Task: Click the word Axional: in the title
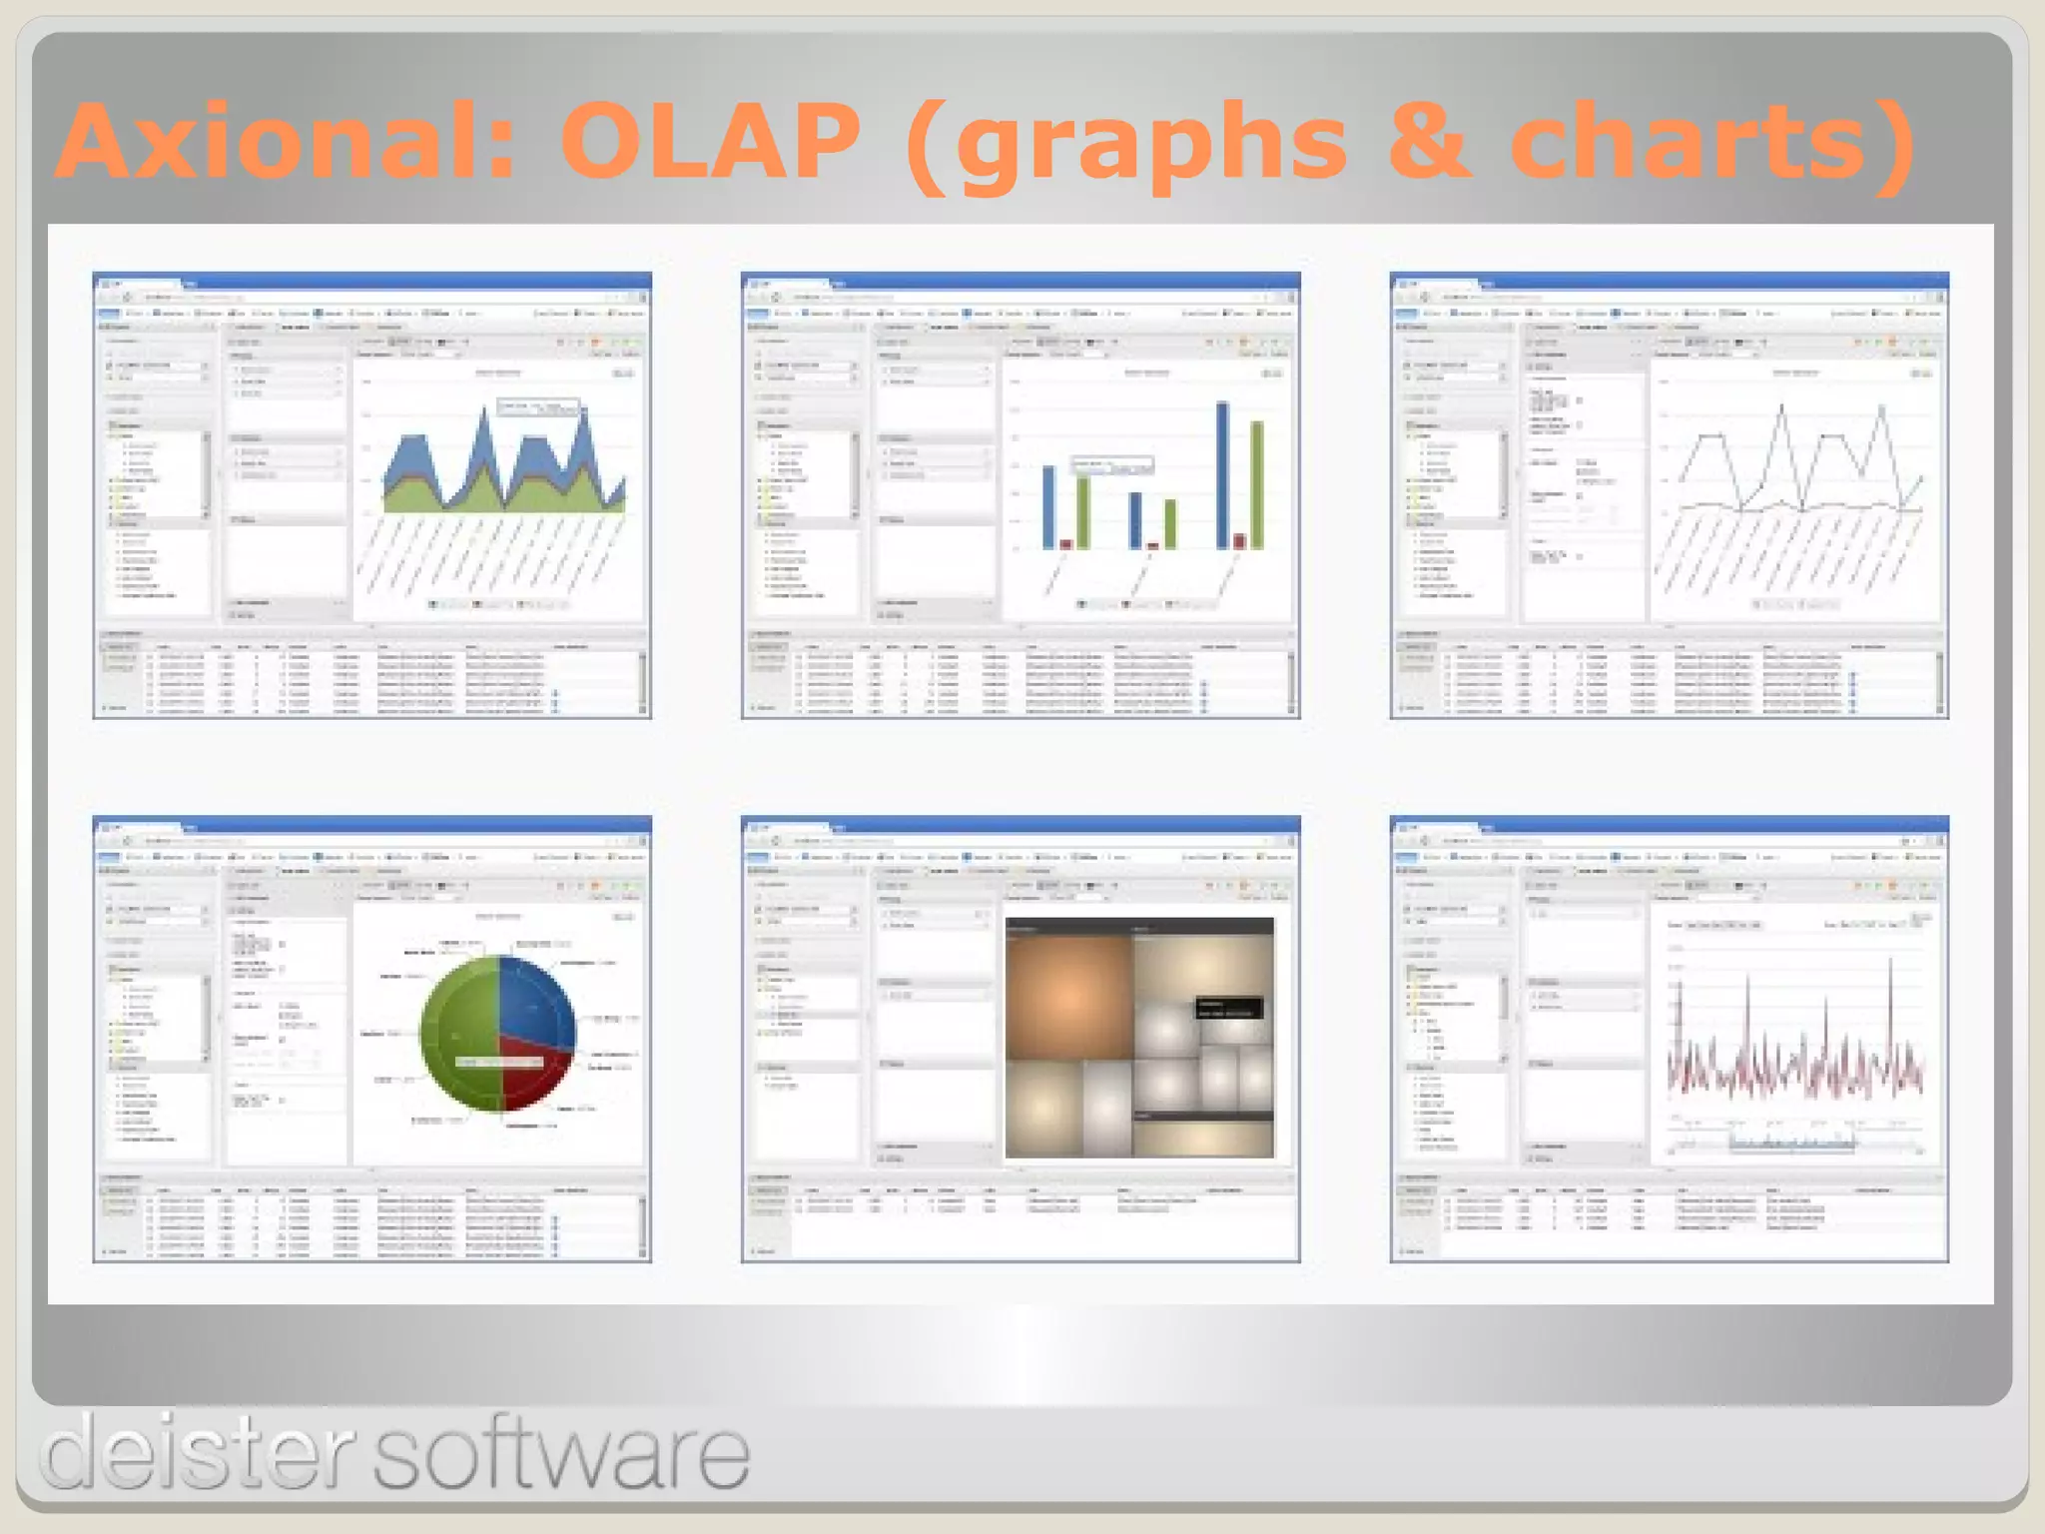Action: [x=285, y=142]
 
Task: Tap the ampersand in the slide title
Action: [x=1428, y=142]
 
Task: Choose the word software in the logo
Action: [x=561, y=1452]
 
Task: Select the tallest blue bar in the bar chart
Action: [x=1222, y=474]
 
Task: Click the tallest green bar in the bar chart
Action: [x=1257, y=484]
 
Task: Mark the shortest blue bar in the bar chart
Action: [x=1135, y=520]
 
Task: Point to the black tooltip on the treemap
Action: [x=1228, y=1008]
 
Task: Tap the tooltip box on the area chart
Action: [x=538, y=406]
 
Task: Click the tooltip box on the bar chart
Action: [x=1112, y=465]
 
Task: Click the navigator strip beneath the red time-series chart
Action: [x=1792, y=1142]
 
